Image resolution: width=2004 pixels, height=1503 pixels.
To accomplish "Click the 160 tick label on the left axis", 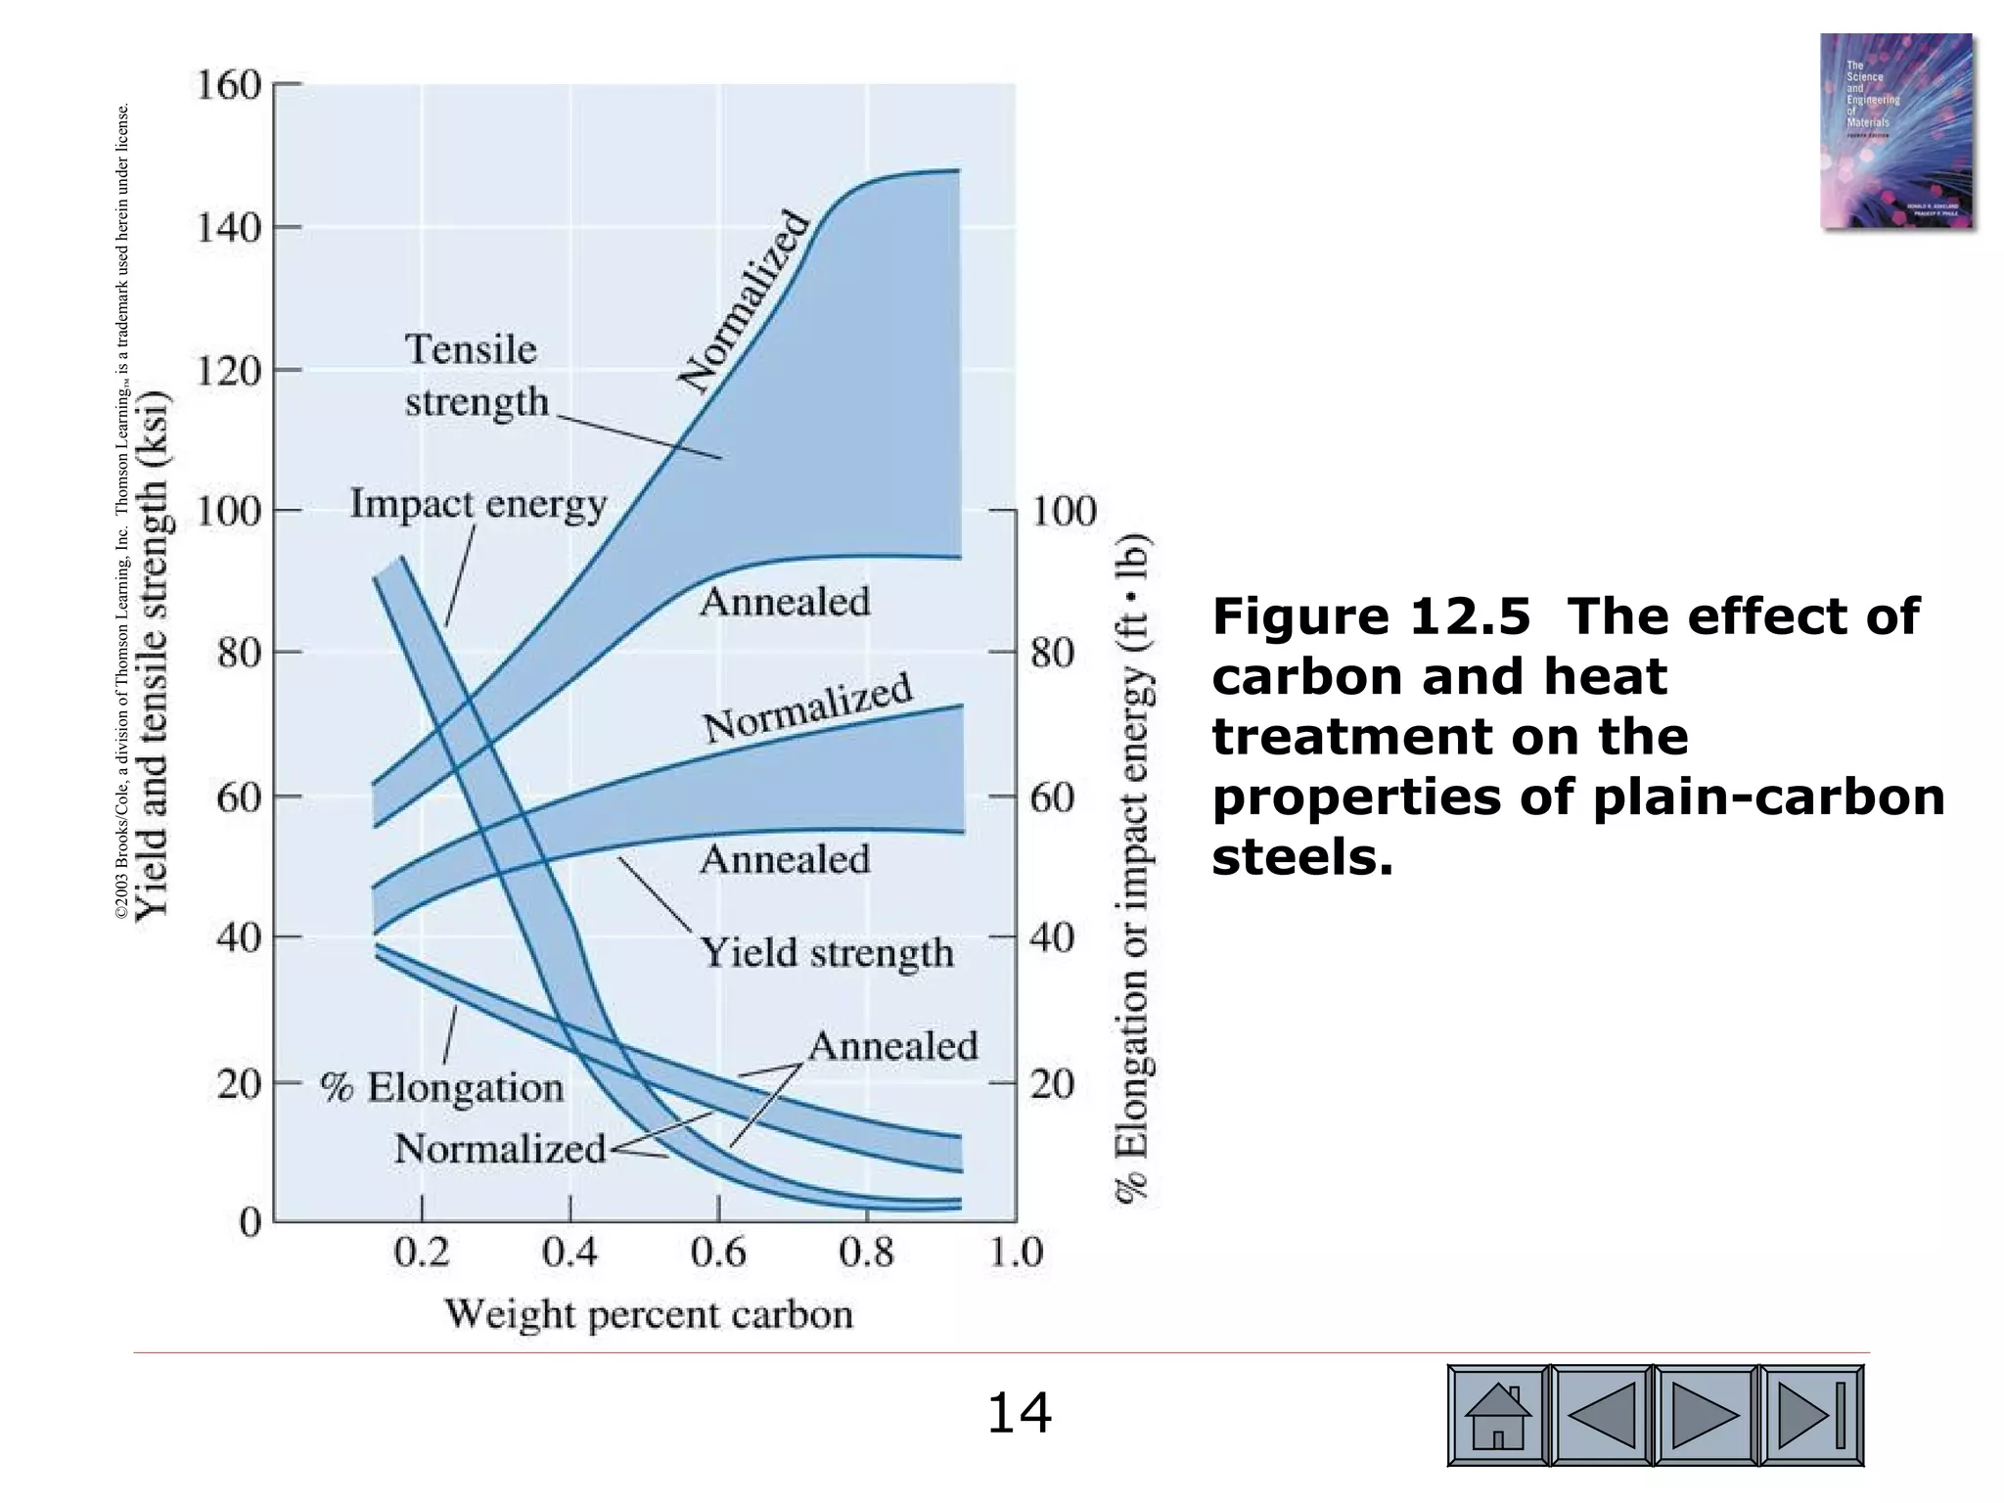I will (229, 85).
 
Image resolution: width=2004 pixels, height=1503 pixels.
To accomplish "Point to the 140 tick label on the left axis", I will (229, 228).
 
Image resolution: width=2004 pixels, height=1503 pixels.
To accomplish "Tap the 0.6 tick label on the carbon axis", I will (718, 1252).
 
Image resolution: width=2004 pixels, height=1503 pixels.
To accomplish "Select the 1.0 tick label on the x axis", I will (1016, 1252).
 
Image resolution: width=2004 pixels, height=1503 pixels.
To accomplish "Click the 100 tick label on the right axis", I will (1064, 511).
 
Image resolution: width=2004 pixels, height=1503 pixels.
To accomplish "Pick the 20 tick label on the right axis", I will (1053, 1084).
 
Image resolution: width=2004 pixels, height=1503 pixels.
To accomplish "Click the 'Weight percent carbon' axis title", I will (649, 1314).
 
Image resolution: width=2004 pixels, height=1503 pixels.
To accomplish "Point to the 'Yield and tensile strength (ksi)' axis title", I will (154, 656).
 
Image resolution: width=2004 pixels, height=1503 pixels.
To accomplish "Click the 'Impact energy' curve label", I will (478, 505).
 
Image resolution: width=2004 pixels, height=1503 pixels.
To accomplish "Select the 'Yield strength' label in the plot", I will (827, 952).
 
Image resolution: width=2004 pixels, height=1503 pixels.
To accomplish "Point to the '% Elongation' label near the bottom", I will (442, 1088).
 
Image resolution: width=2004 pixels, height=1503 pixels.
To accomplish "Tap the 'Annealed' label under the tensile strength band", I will (785, 602).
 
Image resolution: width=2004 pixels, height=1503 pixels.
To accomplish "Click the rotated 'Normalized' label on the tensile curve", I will (746, 301).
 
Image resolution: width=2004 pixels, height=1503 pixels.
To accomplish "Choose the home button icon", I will (1498, 1415).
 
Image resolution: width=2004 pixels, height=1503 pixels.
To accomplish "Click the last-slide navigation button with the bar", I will (1811, 1415).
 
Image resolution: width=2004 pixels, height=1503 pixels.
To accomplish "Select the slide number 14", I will (1019, 1414).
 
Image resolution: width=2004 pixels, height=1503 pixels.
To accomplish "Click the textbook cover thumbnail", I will (1895, 131).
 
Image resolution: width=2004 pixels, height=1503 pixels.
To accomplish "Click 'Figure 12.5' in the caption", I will (1371, 616).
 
